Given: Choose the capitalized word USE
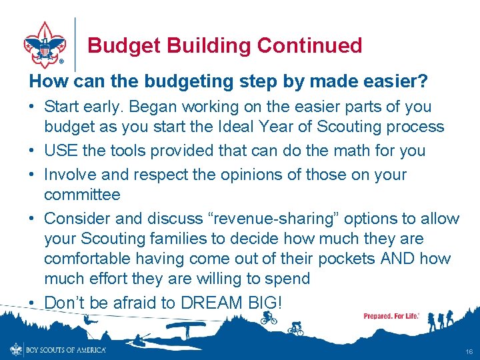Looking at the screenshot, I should pos(61,151).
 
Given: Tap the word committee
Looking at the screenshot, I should pos(82,195).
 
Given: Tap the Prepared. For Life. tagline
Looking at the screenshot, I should pos(391,315).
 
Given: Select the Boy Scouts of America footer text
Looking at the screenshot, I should pos(65,349).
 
